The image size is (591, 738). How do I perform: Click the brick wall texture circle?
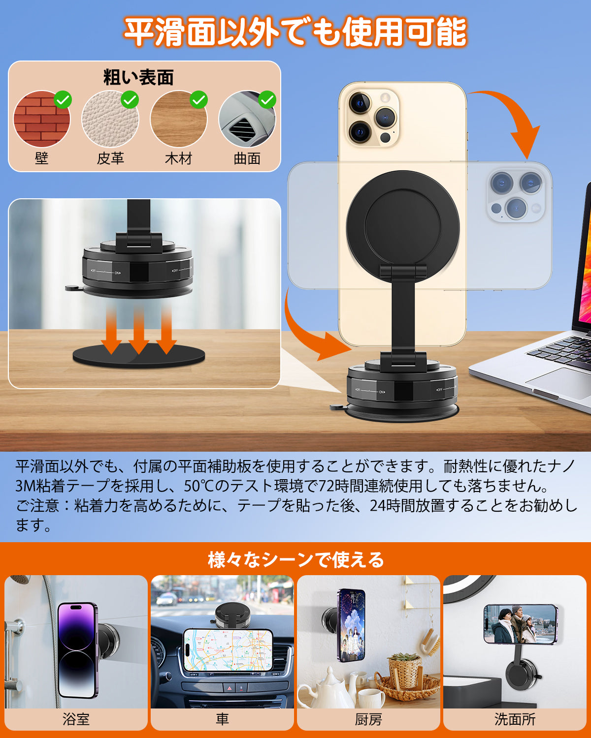tap(41, 119)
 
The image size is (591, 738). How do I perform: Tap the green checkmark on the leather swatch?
tap(130, 100)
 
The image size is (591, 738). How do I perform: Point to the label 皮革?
tap(110, 158)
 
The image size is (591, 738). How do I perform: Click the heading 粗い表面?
tap(138, 78)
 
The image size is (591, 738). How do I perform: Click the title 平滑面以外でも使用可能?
tap(295, 32)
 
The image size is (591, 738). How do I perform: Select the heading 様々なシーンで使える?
tap(295, 559)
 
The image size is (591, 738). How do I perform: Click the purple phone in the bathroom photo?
tap(77, 649)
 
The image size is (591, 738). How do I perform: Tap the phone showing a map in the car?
tap(228, 650)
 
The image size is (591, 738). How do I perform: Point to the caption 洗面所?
tap(515, 719)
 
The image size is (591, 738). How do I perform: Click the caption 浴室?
tap(76, 719)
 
